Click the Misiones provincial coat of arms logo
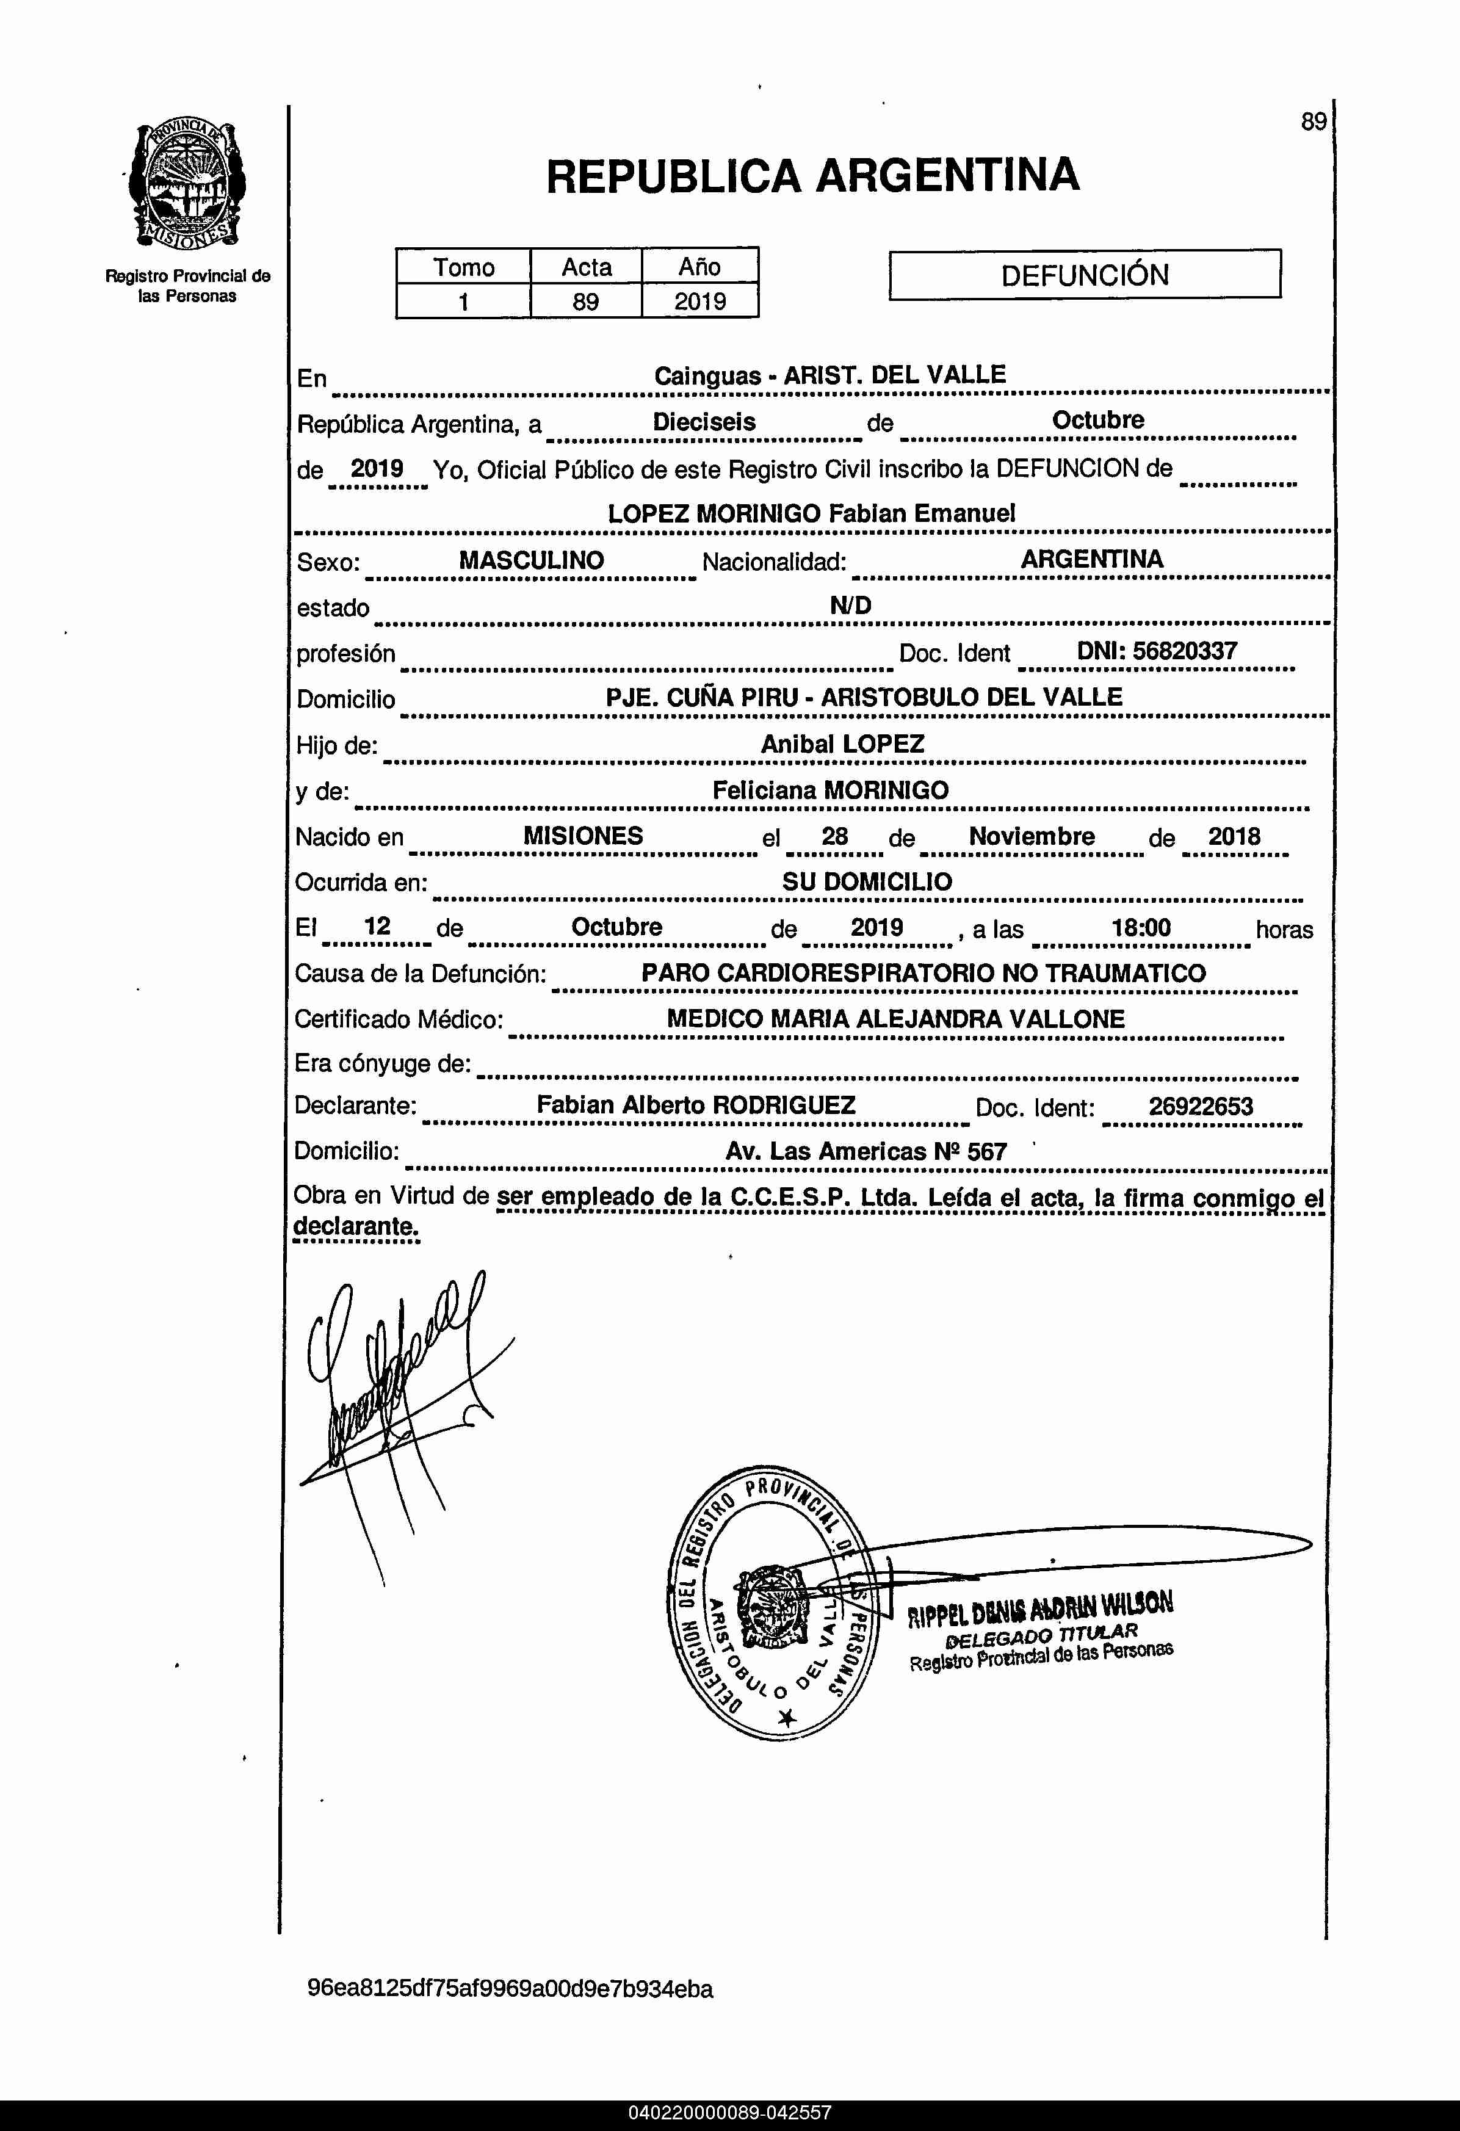pos(187,185)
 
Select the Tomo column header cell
pos(463,267)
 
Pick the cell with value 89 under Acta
pos(585,301)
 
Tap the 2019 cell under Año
pos(699,301)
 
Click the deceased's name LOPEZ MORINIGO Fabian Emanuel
pos(812,513)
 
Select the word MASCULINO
pos(531,560)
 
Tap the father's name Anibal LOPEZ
pos(842,743)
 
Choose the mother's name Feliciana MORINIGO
pos(830,789)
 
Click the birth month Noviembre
pos(1032,836)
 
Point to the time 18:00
pos(1141,927)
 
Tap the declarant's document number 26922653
pos(1201,1106)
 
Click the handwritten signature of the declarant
pos(394,1375)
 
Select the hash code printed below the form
pos(510,1989)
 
